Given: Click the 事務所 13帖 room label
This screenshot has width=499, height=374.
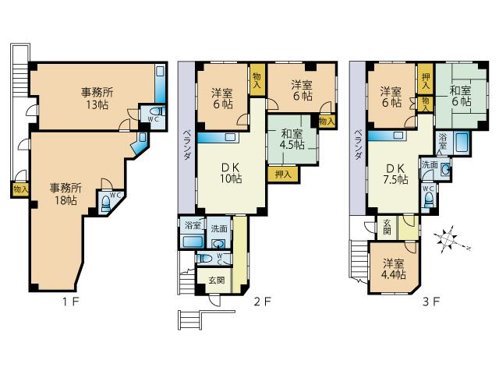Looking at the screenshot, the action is (x=97, y=98).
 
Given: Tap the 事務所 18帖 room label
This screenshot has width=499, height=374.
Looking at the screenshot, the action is (x=65, y=194).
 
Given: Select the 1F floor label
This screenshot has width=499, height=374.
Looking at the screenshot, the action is (x=70, y=302).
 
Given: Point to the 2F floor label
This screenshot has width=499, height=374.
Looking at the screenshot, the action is (x=262, y=302).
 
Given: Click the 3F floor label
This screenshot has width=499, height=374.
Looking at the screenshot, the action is (x=431, y=302).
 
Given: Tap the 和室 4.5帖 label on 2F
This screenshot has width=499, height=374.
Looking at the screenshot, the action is (x=292, y=139).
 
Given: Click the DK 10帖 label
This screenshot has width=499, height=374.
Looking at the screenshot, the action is (x=231, y=173).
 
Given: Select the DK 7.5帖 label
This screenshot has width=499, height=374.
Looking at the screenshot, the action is (x=395, y=174).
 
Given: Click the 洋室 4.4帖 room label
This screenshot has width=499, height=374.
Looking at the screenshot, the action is (x=394, y=269).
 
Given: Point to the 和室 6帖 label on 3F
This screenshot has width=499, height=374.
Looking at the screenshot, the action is (x=460, y=96).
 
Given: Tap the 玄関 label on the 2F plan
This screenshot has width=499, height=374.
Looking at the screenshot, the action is (x=217, y=280).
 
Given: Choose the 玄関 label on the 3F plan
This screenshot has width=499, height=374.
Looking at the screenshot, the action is (x=387, y=227).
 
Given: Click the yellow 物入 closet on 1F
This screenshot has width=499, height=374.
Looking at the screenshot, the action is (x=20, y=190).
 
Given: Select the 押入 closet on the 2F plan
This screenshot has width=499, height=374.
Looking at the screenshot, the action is (x=283, y=174).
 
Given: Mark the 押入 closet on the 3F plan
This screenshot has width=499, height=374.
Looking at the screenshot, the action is (x=425, y=80).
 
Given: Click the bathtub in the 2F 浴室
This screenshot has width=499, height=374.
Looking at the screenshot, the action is (x=193, y=242).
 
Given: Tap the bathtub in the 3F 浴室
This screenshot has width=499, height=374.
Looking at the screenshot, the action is (x=462, y=142).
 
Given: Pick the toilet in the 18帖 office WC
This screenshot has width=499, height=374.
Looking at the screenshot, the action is (x=106, y=203).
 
